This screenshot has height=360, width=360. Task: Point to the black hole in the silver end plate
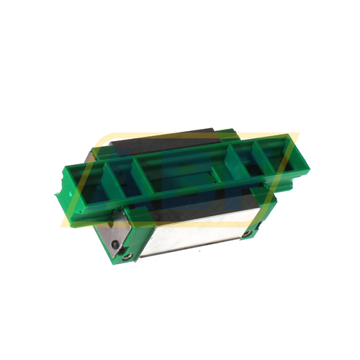(116, 245)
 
